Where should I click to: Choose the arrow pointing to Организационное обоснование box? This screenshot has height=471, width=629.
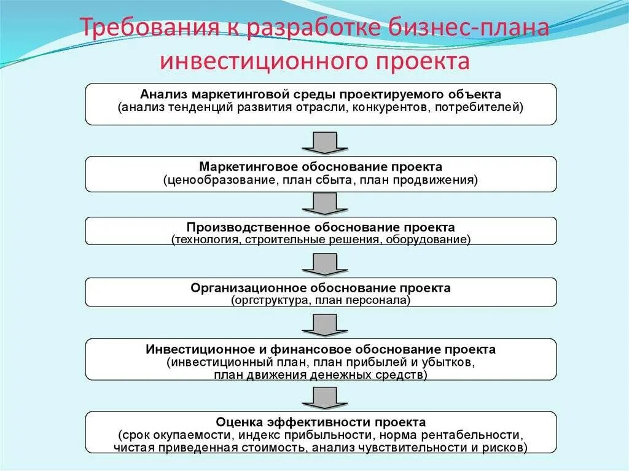click(x=321, y=264)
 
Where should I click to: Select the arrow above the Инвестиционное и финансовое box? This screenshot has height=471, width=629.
click(x=321, y=324)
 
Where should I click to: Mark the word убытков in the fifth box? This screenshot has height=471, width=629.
click(x=451, y=362)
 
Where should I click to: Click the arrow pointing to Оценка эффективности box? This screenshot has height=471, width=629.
click(x=321, y=397)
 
